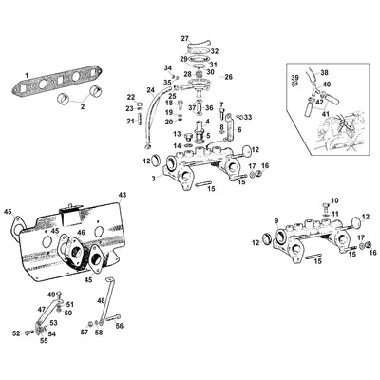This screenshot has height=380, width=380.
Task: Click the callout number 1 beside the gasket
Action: [x=27, y=75]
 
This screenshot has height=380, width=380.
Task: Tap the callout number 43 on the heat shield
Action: [x=123, y=195]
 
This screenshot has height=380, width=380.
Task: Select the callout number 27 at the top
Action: [x=185, y=39]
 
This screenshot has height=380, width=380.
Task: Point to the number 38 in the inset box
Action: [x=323, y=72]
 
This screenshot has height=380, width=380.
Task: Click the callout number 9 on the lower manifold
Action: [x=276, y=220]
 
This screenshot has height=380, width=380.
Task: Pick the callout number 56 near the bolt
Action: [x=119, y=326]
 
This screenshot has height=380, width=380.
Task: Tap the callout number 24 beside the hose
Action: [x=151, y=90]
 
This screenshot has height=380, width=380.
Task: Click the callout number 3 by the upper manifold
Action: [x=154, y=179]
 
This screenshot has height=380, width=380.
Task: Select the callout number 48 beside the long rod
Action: [x=101, y=300]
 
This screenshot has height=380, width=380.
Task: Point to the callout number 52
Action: [x=16, y=333]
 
